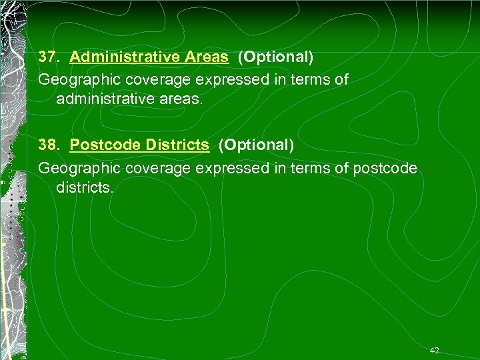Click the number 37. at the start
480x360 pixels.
tap(49, 57)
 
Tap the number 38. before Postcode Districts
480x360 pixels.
tap(49, 145)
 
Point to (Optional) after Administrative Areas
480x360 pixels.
tap(275, 57)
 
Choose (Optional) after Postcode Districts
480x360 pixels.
tap(256, 145)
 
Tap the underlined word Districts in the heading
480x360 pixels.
tap(177, 145)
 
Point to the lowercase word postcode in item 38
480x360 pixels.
tap(385, 167)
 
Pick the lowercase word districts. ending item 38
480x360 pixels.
tap(86, 189)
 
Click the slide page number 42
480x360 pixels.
tap(435, 350)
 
